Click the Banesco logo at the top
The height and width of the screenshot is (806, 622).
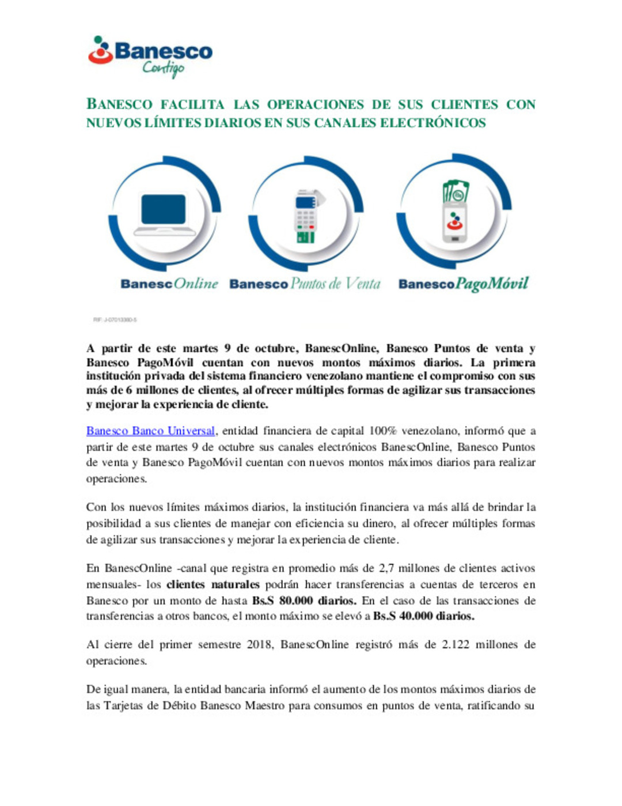(x=150, y=51)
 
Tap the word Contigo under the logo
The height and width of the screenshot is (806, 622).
(x=164, y=69)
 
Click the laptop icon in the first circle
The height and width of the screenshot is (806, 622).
(x=164, y=214)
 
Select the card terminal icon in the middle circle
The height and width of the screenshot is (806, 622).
(x=306, y=216)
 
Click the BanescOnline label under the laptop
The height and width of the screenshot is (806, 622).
(x=169, y=284)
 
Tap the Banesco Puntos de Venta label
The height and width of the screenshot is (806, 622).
(x=305, y=284)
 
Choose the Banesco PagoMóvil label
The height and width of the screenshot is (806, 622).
(x=463, y=284)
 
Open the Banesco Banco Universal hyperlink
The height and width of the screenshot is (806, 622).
(x=151, y=431)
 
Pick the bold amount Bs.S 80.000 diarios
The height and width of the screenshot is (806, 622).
(x=304, y=600)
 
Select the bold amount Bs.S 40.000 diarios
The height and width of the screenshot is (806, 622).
(x=423, y=616)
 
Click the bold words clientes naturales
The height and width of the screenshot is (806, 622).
(x=213, y=584)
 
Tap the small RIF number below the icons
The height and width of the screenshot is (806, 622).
(x=115, y=319)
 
